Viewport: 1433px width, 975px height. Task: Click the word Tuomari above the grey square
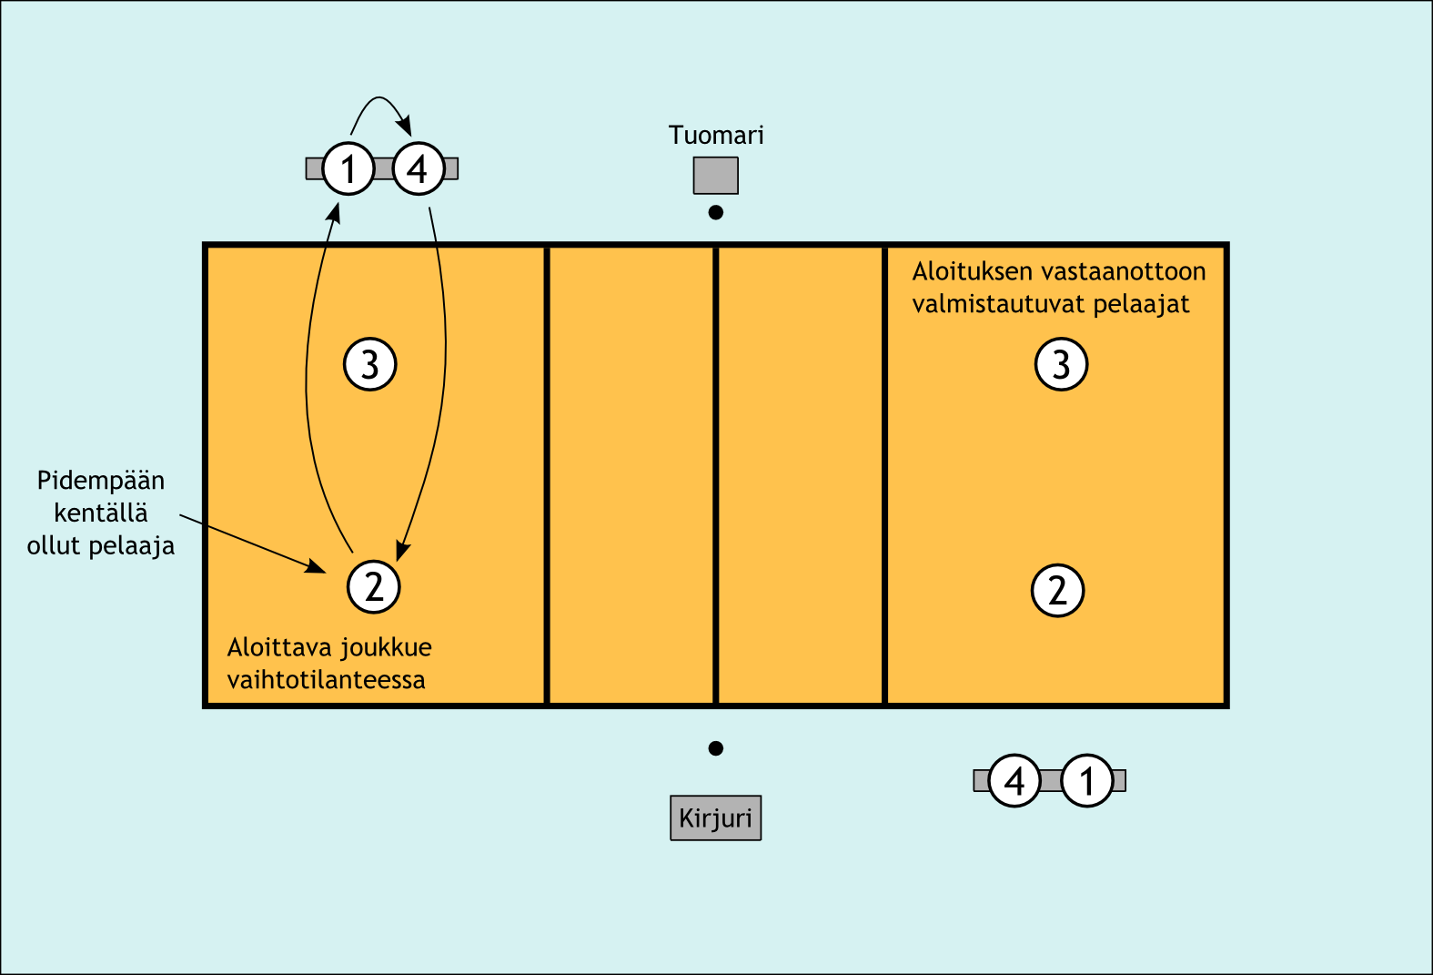716,136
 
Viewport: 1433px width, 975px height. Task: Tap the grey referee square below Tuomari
715,176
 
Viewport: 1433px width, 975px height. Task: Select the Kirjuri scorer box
715,818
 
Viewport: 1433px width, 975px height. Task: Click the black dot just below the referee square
716,213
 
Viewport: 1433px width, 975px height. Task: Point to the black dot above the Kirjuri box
716,748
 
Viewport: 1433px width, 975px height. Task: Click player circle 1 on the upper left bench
348,168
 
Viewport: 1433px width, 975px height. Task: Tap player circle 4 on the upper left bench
419,168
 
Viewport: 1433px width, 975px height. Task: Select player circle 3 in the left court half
369,364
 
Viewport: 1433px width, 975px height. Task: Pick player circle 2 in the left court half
374,587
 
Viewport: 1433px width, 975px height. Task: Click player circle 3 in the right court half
1061,364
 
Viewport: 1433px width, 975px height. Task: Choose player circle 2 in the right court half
1057,591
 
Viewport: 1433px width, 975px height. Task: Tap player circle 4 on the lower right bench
1014,780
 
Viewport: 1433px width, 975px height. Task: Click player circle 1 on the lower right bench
1086,780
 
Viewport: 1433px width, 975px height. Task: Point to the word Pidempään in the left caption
101,482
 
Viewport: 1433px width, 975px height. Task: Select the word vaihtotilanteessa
326,680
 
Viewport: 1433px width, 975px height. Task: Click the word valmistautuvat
998,304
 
